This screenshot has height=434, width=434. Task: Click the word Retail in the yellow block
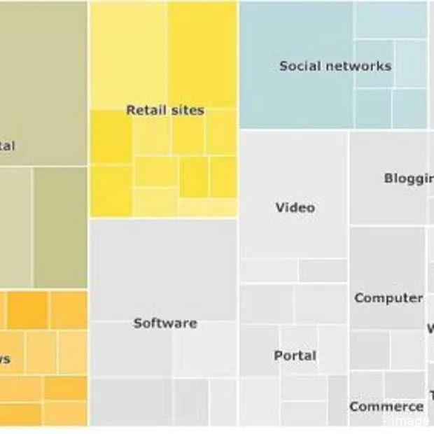[x=145, y=110]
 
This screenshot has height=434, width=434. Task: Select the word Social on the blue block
[x=299, y=66]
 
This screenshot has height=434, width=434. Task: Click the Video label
[x=295, y=207]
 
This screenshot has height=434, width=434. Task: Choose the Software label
[x=165, y=323]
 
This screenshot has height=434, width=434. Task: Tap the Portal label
[x=295, y=356]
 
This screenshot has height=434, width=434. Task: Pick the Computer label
[x=388, y=297]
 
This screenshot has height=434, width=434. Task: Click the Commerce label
[x=386, y=407]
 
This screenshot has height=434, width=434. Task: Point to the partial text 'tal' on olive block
[x=6, y=146]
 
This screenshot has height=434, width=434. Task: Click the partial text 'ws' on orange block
[x=4, y=359]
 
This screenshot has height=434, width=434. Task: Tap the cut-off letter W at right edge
[x=430, y=328]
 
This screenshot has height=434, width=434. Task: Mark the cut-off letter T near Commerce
[x=431, y=395]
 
